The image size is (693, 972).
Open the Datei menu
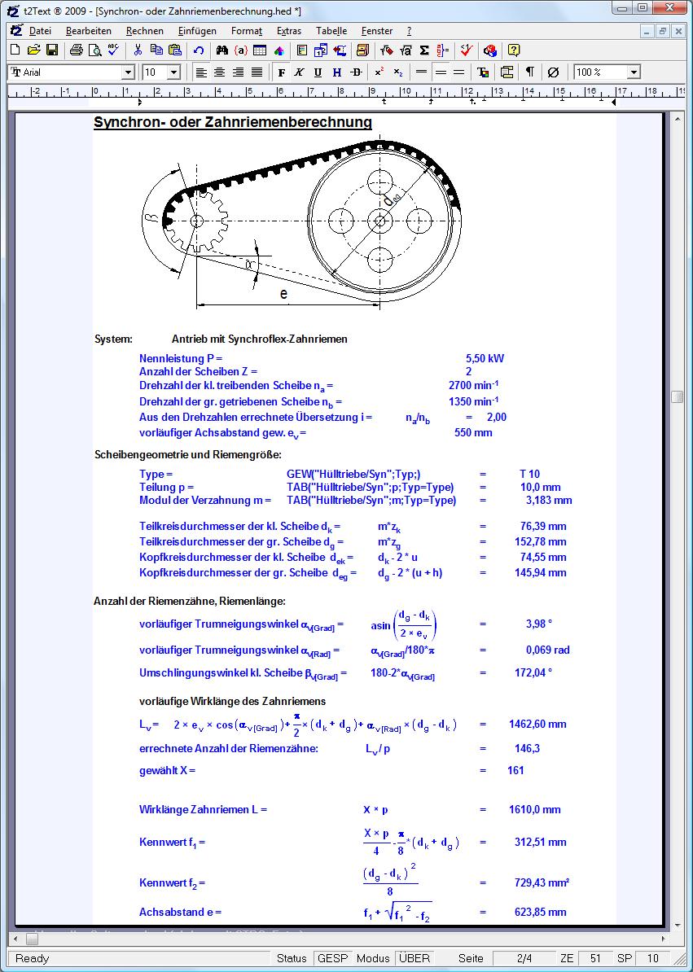pos(39,31)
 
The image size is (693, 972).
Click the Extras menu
pos(288,31)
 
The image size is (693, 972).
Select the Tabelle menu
pos(331,31)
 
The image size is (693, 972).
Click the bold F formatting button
pos(282,72)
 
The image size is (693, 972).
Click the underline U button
pos(318,72)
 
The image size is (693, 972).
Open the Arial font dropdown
pos(128,72)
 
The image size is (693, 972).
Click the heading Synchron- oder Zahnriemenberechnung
pos(232,123)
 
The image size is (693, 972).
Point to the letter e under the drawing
pos(283,294)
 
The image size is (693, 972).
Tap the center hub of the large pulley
pos(379,220)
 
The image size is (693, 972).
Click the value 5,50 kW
pos(485,358)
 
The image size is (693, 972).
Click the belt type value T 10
pos(529,474)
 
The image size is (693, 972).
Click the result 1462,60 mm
pos(537,724)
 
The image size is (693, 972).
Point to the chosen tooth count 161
pos(515,770)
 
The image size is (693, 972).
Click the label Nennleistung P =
pos(181,358)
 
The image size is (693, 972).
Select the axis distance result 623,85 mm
pos(541,913)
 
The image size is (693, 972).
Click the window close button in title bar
pos(675,8)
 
